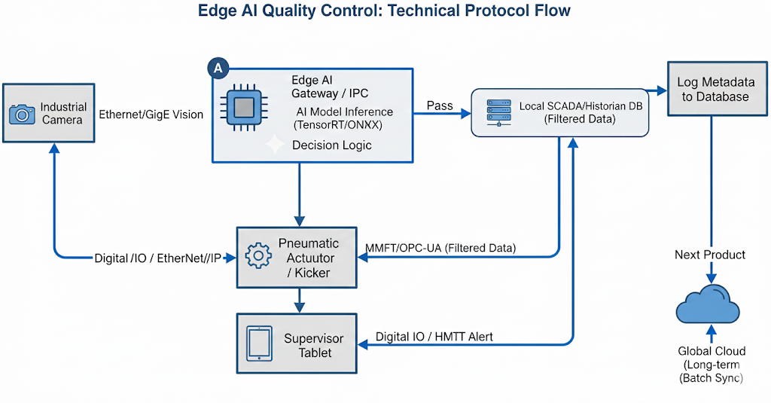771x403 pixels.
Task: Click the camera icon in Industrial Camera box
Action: coord(22,114)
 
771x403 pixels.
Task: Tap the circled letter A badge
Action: coord(218,68)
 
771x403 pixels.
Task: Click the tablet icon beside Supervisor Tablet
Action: coord(260,343)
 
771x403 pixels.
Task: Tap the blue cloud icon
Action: coord(706,306)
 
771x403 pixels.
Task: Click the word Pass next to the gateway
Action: coord(440,105)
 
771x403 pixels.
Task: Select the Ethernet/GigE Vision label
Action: coord(151,114)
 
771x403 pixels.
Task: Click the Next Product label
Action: coord(709,255)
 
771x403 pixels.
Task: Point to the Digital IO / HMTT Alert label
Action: coord(434,337)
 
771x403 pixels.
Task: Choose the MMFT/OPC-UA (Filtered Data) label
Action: coord(440,248)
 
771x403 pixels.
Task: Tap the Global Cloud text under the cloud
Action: coord(712,351)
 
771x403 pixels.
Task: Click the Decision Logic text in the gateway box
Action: coord(332,145)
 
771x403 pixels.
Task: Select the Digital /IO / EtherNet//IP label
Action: coord(158,258)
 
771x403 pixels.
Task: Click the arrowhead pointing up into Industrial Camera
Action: coord(53,148)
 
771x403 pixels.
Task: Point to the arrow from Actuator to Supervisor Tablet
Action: coord(299,301)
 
